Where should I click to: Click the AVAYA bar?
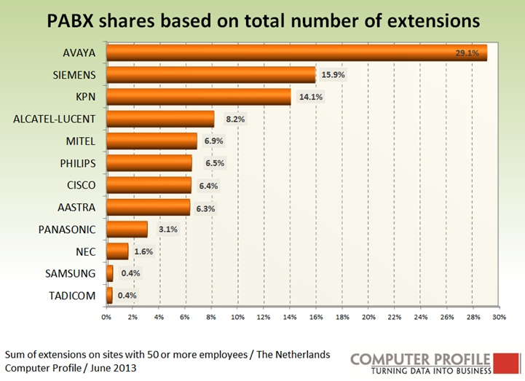point(291,52)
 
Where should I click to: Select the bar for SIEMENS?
point(210,75)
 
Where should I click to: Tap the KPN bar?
point(198,97)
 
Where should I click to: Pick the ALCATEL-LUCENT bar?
point(160,119)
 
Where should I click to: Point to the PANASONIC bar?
point(127,229)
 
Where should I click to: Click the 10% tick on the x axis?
point(237,318)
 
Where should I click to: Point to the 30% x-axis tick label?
point(500,318)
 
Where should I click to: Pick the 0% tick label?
point(106,318)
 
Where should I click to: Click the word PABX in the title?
point(74,20)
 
